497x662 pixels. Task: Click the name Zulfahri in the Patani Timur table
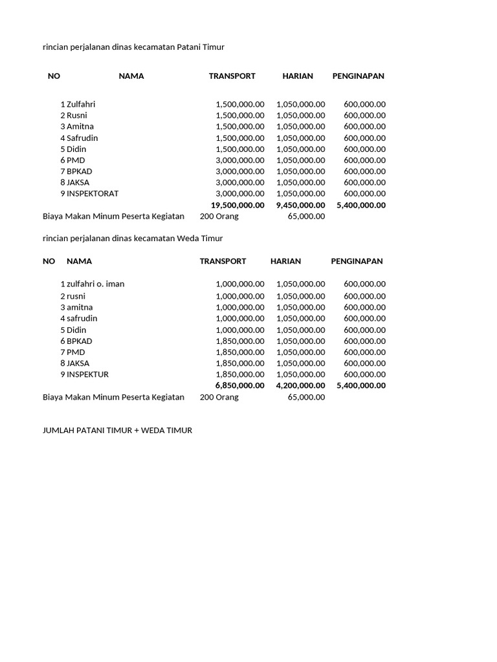[x=81, y=104]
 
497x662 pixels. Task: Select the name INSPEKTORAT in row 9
[x=93, y=193]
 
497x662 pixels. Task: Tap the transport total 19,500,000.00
[x=237, y=205]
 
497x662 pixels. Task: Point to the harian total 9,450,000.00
[x=300, y=205]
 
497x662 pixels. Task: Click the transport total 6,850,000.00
[x=239, y=385]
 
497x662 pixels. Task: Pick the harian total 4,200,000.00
[x=300, y=385]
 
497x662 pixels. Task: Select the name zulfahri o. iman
[x=95, y=284]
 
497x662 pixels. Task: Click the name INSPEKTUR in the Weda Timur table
[x=87, y=374]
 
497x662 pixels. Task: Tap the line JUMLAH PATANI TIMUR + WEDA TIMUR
[x=117, y=430]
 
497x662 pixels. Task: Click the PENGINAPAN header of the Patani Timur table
[x=358, y=76]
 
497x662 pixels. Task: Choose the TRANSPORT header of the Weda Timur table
[x=223, y=261]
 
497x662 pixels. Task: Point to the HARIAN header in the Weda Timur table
[x=285, y=261]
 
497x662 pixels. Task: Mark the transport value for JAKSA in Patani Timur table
[x=239, y=182]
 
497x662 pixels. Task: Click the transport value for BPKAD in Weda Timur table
[x=239, y=341]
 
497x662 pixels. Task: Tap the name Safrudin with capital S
[x=82, y=138]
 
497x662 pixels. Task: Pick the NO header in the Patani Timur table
[x=54, y=76]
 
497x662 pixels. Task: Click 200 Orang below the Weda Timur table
[x=219, y=397]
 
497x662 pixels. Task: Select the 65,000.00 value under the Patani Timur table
[x=306, y=216]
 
